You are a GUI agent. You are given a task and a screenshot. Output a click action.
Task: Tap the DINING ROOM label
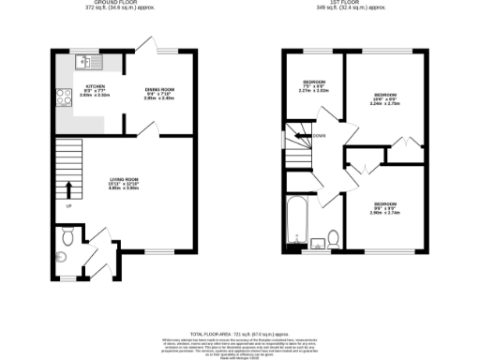(x=160, y=92)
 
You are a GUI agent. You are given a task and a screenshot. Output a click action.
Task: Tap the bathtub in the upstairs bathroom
(x=298, y=216)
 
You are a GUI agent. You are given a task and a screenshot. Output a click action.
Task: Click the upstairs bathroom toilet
(x=334, y=237)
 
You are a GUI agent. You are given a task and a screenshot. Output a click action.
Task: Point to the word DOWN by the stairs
(x=319, y=135)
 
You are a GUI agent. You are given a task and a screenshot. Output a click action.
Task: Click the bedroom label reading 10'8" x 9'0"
(x=385, y=100)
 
